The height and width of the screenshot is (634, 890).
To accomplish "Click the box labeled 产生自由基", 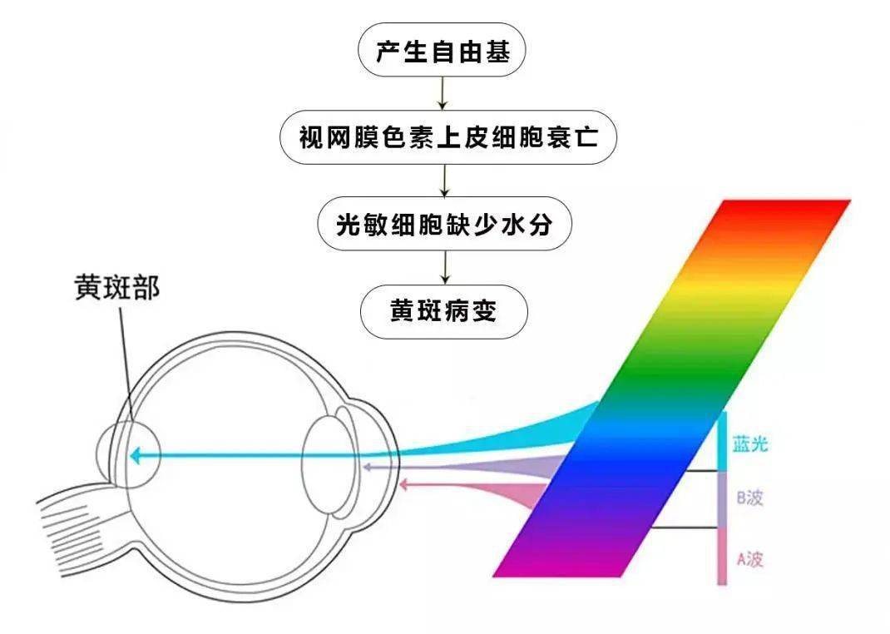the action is tap(442, 50).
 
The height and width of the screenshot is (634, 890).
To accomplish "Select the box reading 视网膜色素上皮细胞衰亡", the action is tap(447, 136).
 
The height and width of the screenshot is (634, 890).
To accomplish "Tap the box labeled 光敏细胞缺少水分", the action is tap(444, 224).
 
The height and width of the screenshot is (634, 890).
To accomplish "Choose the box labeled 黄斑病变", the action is tap(444, 311).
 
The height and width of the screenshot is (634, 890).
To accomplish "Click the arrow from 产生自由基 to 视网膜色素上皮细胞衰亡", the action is tap(443, 93).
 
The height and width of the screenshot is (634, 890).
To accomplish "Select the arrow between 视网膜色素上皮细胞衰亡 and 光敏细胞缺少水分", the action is tap(445, 181).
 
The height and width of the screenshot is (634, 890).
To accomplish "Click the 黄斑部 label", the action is tap(117, 288).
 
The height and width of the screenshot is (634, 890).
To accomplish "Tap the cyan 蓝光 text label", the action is tap(749, 443).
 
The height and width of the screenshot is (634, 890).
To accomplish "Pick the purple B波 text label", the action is tap(749, 498).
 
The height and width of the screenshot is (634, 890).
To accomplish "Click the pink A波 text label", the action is tap(749, 559).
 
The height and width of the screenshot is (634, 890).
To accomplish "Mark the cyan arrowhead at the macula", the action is tap(135, 455).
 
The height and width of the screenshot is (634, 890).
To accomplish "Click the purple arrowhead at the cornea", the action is tap(368, 467).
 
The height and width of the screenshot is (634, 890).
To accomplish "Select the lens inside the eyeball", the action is tap(324, 467).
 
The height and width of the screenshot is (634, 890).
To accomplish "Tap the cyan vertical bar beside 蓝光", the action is tap(722, 442).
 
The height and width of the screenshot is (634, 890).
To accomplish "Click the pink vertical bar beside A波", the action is tap(722, 557).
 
